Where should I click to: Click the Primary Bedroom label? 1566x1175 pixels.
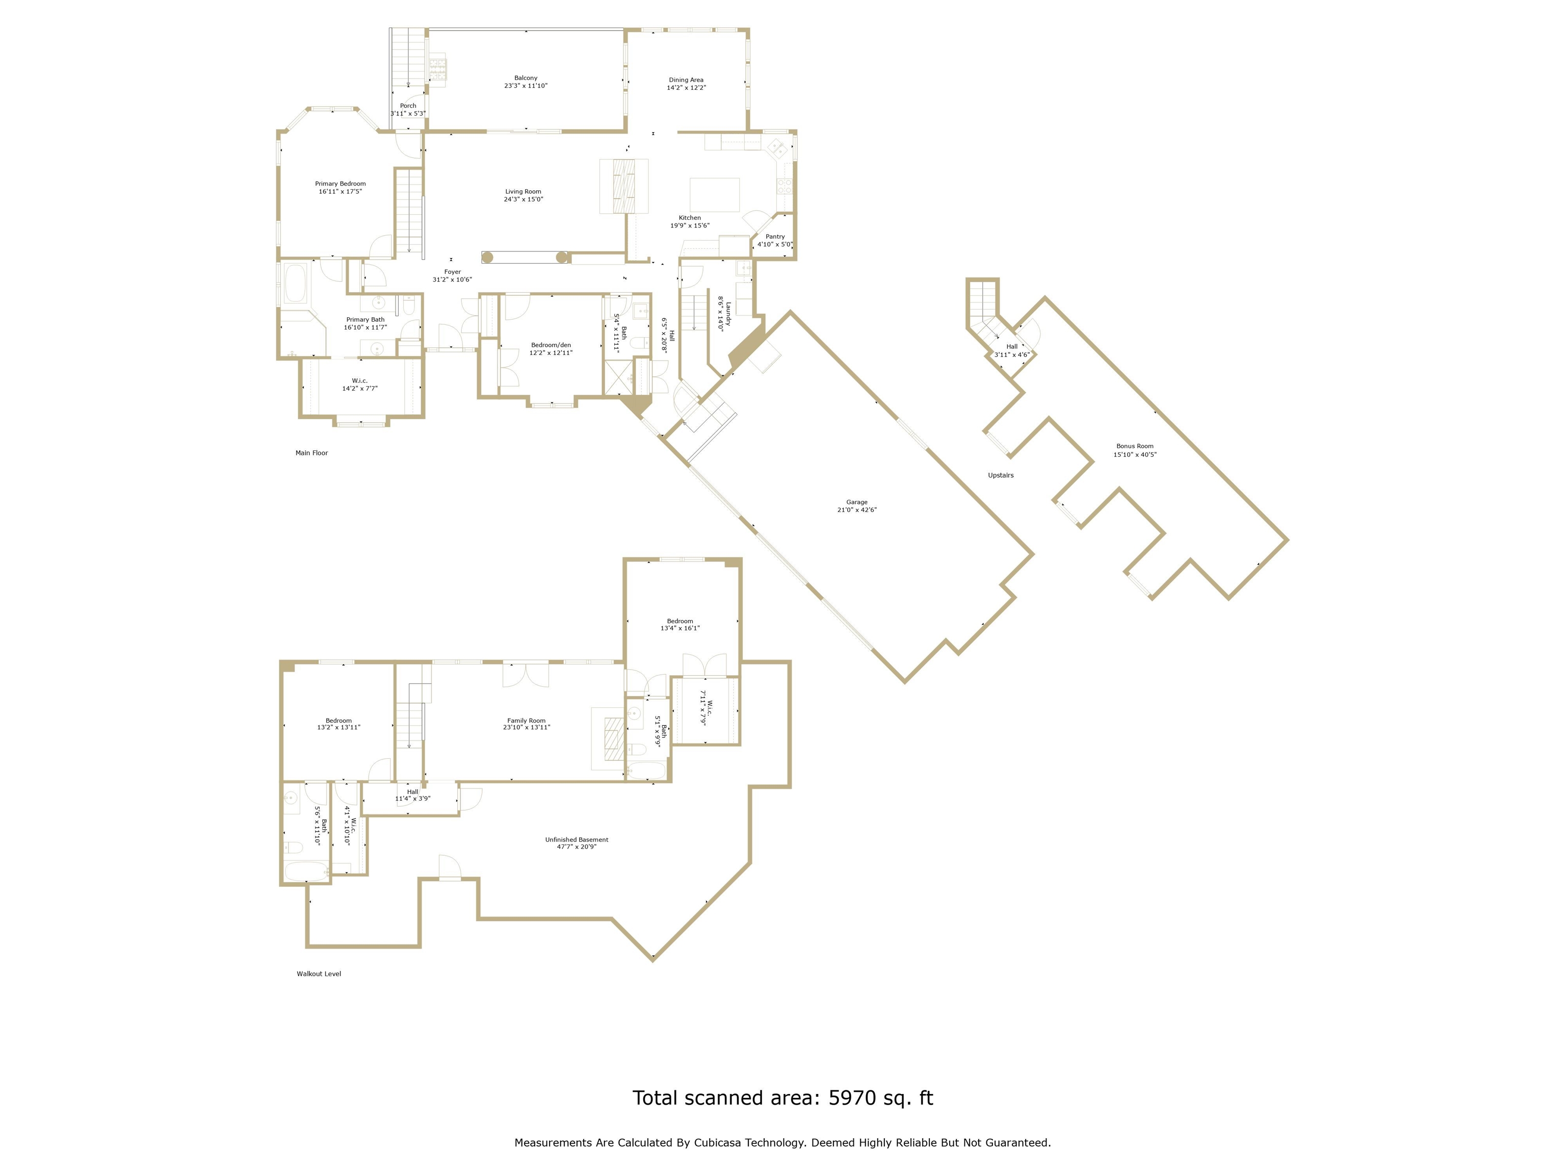tap(341, 184)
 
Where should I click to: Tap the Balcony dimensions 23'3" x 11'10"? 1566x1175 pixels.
tap(526, 86)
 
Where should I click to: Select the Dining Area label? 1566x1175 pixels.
tap(686, 80)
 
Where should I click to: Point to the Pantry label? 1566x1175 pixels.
tap(775, 237)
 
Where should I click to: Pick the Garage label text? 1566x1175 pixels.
tap(856, 502)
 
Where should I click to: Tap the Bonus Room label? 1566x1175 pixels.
tap(1135, 446)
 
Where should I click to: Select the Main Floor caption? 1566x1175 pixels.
tap(311, 452)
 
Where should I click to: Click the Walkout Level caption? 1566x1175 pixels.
tap(319, 974)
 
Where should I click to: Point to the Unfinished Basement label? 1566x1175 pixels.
tap(576, 840)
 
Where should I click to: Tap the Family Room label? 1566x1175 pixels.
tap(526, 721)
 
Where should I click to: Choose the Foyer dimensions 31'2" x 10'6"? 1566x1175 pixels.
tap(452, 280)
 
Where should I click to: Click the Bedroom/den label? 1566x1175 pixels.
tap(551, 345)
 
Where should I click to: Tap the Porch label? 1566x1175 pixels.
tap(408, 106)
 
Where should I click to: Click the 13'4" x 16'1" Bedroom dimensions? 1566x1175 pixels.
tap(680, 628)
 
